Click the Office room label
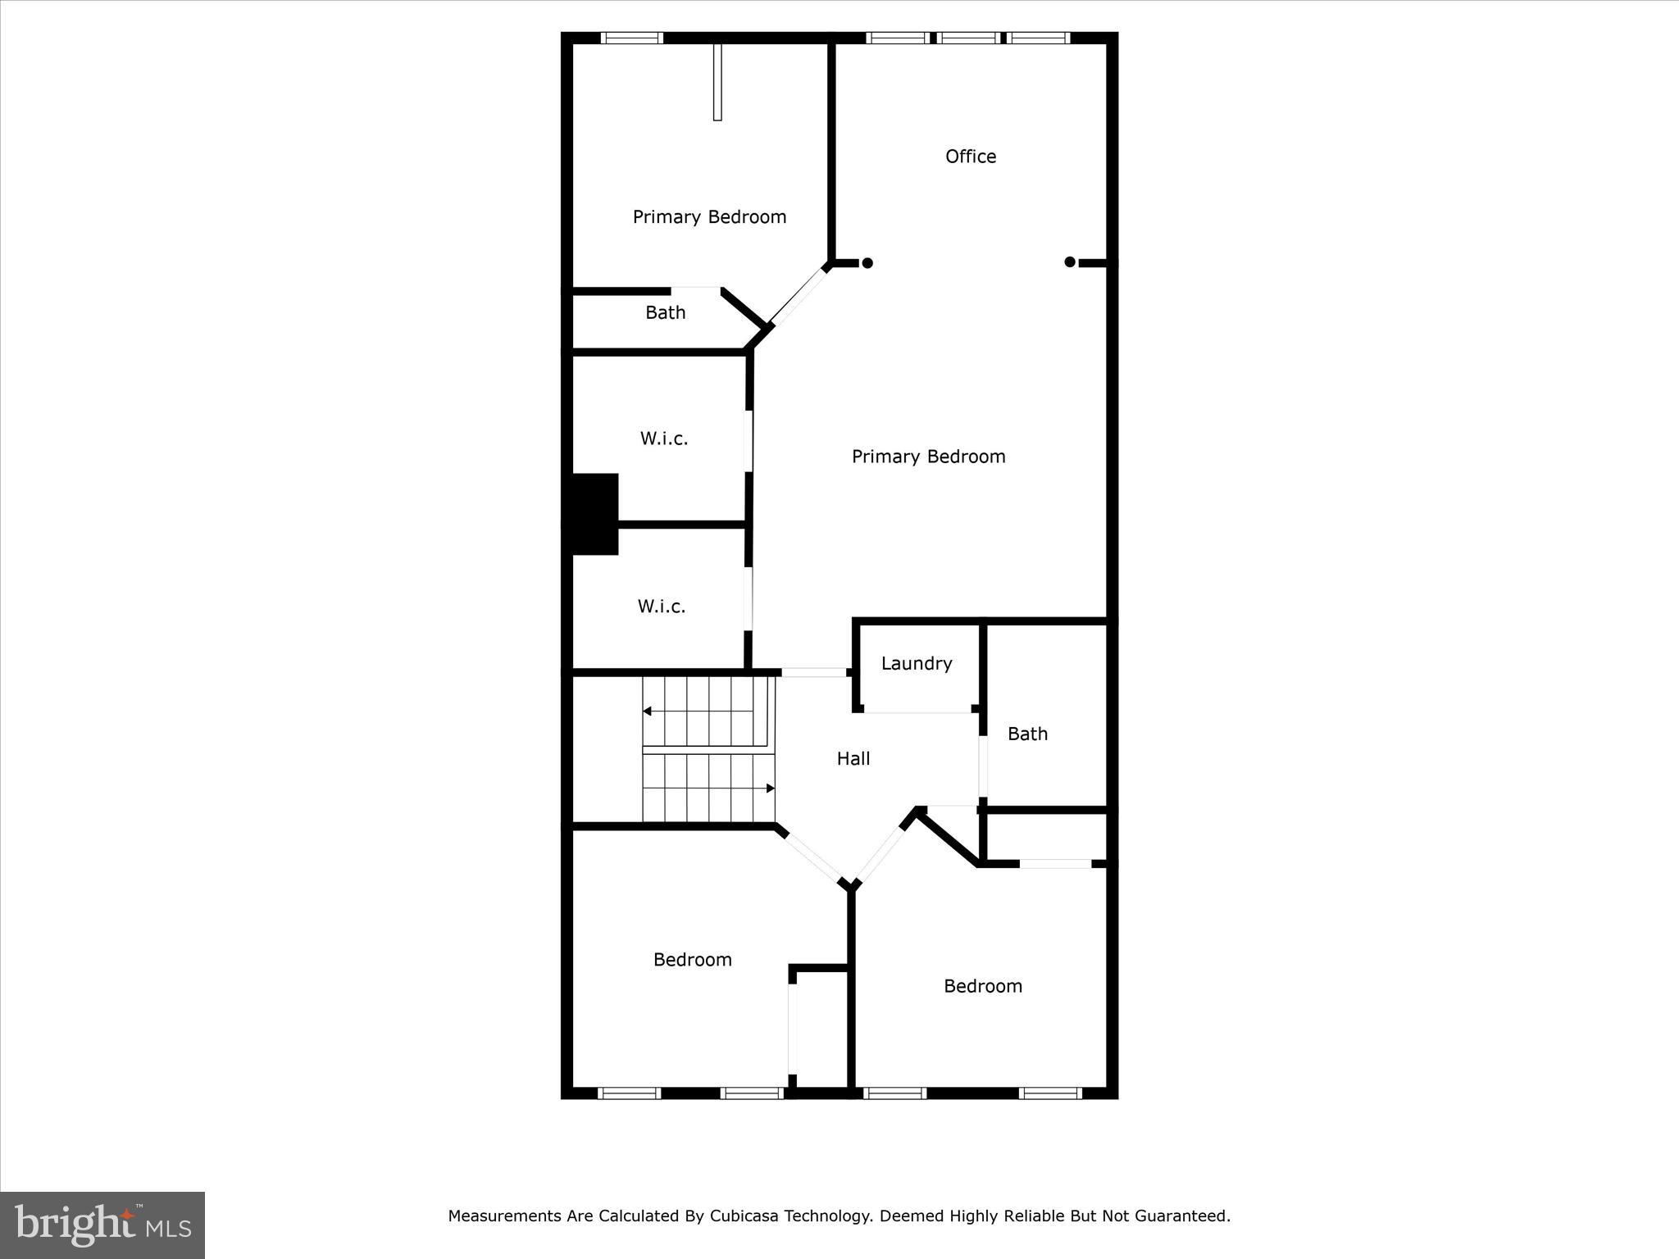coord(971,157)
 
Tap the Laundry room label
coord(917,664)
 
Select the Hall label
coord(853,759)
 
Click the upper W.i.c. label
coord(664,439)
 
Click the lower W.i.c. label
coord(662,607)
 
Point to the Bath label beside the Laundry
coord(1027,734)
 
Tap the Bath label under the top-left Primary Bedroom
coord(665,312)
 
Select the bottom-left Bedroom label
coord(692,960)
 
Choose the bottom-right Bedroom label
coord(983,986)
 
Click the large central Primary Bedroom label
coord(928,457)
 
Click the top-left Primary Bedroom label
coord(709,217)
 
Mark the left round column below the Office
coord(867,263)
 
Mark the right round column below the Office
coord(1070,262)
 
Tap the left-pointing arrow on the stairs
coord(647,711)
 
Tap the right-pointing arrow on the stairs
coord(771,789)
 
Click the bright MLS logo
coord(102,1225)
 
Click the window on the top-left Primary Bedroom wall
coord(631,38)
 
